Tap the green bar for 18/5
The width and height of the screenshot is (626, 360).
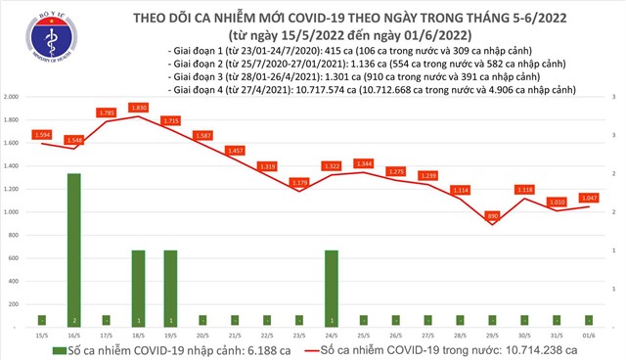(139, 288)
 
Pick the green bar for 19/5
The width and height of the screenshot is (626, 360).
(171, 288)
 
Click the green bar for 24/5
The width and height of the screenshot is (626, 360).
(332, 288)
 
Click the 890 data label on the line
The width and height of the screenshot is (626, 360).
(493, 214)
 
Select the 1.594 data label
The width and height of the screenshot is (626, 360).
(41, 133)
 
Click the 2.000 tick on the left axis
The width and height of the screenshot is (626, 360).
(12, 98)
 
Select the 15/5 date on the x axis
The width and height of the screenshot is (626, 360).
(41, 334)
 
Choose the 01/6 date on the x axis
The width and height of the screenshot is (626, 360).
(590, 334)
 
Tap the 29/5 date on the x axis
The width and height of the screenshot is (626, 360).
(493, 334)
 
